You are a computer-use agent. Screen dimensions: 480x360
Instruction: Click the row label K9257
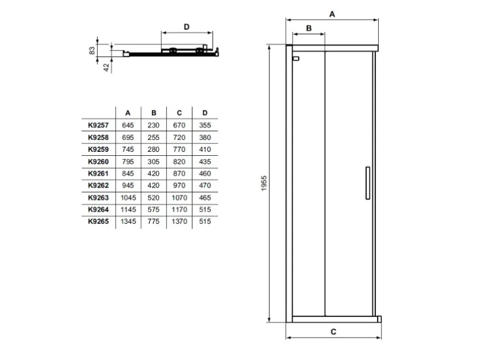98,125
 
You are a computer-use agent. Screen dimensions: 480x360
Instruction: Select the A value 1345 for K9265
128,221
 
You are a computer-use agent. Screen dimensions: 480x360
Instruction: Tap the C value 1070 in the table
180,198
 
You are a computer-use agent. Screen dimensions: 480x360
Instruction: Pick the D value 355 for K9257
205,125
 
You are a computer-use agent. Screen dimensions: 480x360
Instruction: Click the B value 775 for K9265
153,221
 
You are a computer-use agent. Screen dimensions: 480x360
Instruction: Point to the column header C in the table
180,113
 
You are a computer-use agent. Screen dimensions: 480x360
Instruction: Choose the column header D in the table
205,113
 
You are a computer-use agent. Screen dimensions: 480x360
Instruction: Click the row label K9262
98,185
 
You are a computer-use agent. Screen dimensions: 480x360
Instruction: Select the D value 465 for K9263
205,198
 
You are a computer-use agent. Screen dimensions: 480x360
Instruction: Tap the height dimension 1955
264,183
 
